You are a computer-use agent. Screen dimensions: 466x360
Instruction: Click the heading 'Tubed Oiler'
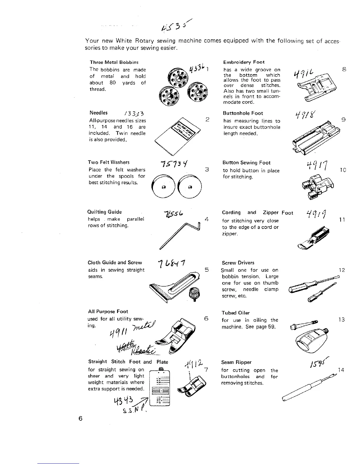(236, 313)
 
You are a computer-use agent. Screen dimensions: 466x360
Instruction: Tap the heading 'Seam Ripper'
(236, 362)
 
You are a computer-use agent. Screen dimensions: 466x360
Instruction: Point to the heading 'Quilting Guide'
(104, 212)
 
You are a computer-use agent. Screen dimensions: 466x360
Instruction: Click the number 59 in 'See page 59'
(272, 327)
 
